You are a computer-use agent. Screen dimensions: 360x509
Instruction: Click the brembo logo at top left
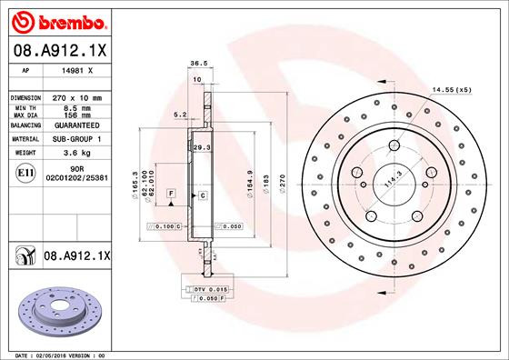pyautogui.click(x=57, y=19)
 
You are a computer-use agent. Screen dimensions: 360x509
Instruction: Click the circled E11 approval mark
pyautogui.click(x=27, y=172)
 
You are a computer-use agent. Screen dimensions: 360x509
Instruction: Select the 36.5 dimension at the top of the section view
pyautogui.click(x=195, y=65)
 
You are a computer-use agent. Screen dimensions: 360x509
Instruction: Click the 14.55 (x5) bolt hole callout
pyautogui.click(x=451, y=90)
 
